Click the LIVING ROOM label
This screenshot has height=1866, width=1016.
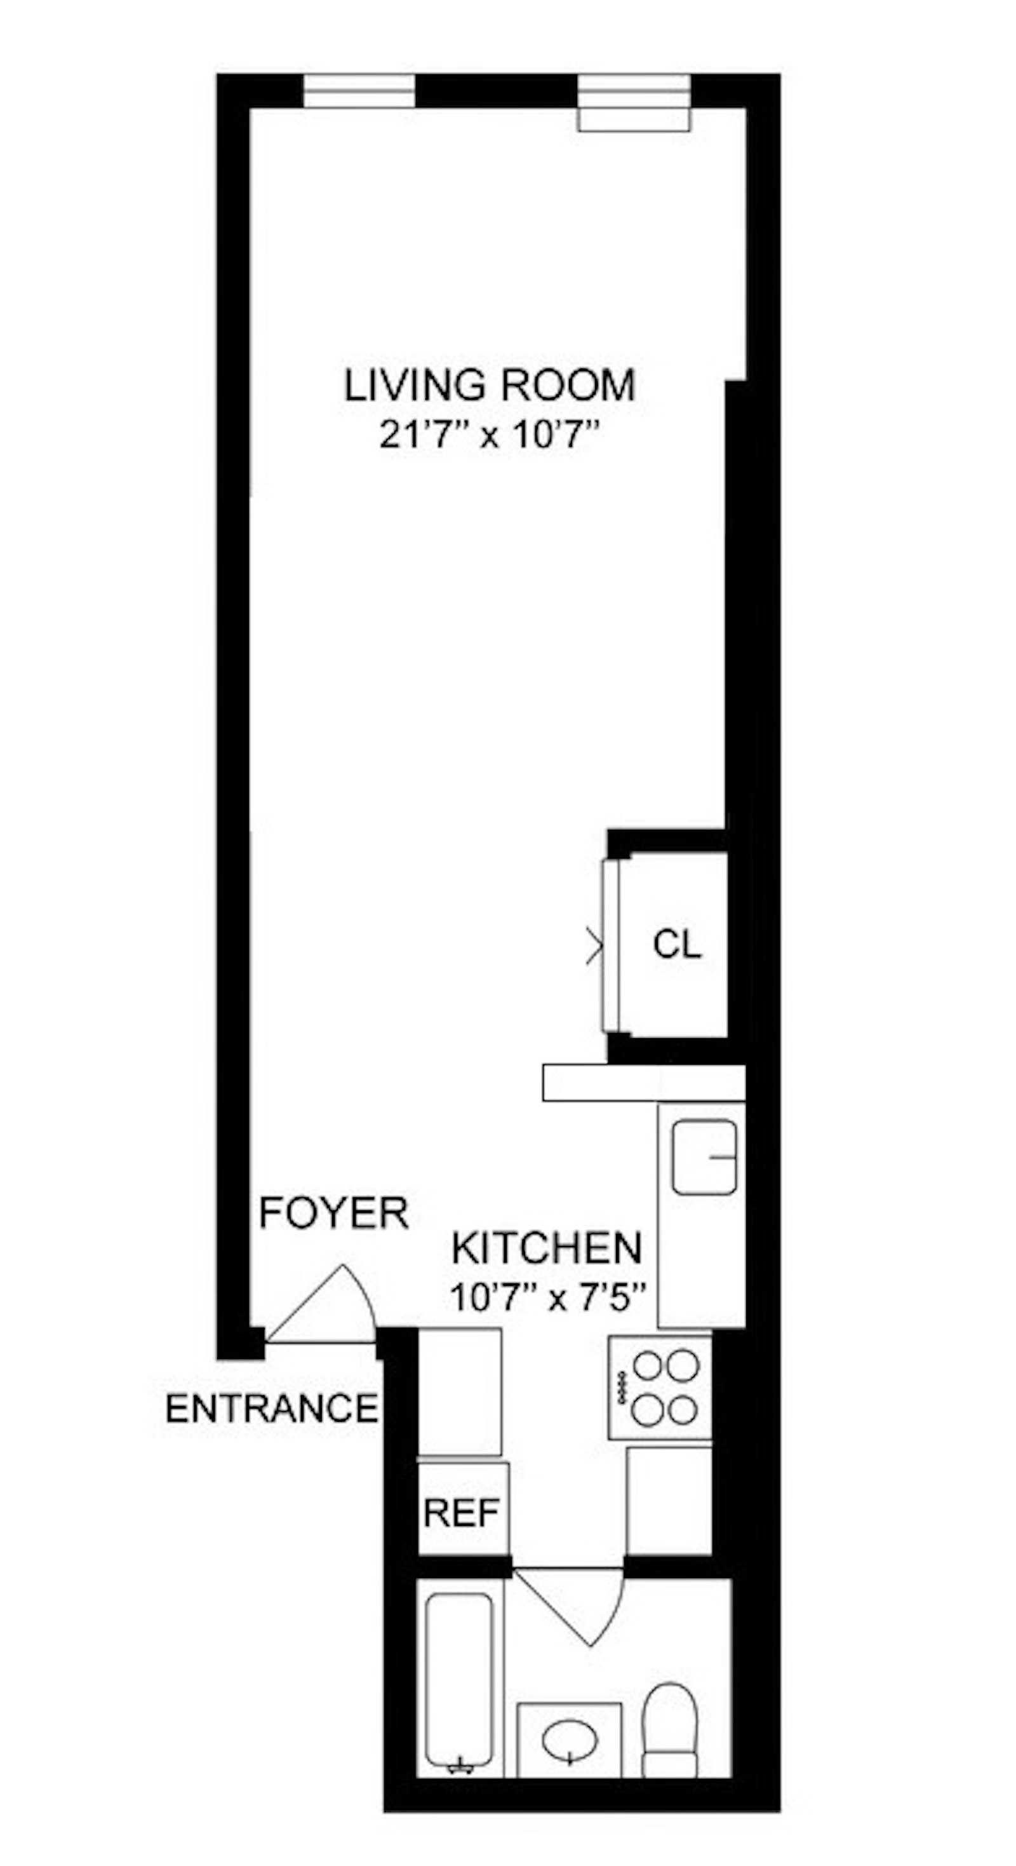[490, 386]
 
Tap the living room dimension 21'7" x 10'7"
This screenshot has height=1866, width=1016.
[490, 435]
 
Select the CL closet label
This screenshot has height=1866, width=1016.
[676, 944]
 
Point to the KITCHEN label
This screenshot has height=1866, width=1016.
[547, 1248]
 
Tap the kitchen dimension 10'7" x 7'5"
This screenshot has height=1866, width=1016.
[547, 1297]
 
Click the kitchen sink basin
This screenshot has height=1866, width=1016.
[703, 1157]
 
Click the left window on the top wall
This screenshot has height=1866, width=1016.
[359, 91]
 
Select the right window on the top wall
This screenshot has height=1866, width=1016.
[634, 102]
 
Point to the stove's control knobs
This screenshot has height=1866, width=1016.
[620, 1387]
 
